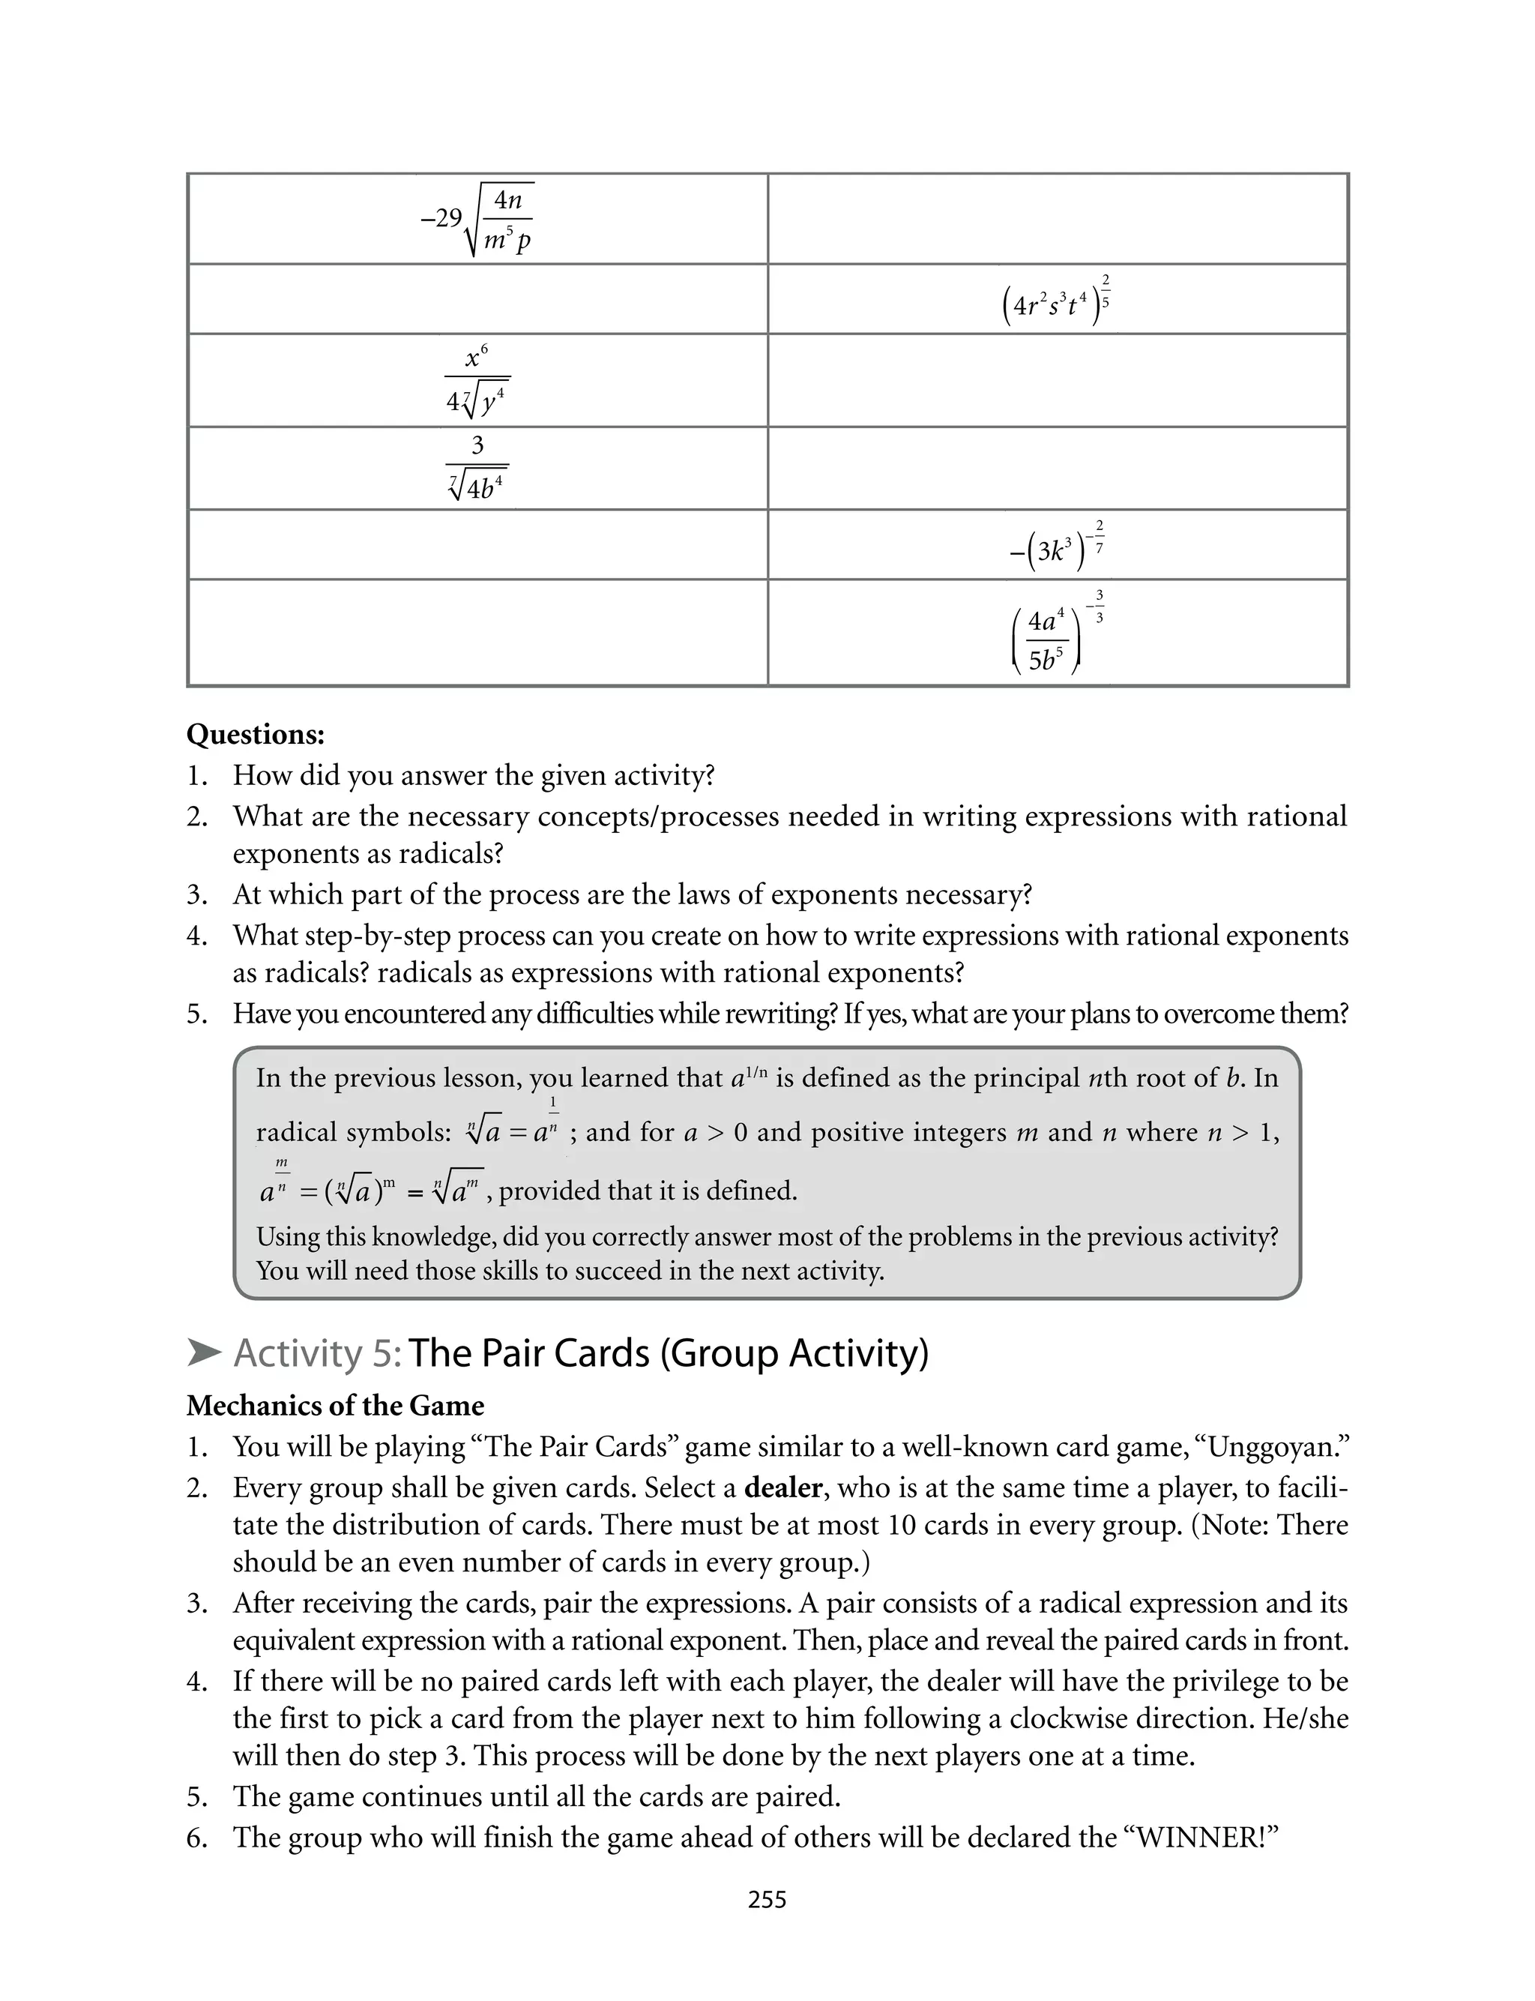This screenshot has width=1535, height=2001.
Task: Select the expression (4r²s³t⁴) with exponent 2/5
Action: (1056, 301)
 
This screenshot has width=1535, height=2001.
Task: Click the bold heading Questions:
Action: (255, 735)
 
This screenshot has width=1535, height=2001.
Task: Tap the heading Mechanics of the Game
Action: (335, 1405)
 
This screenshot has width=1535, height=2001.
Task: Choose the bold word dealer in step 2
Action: (784, 1487)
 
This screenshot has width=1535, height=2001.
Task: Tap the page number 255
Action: (767, 1900)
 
